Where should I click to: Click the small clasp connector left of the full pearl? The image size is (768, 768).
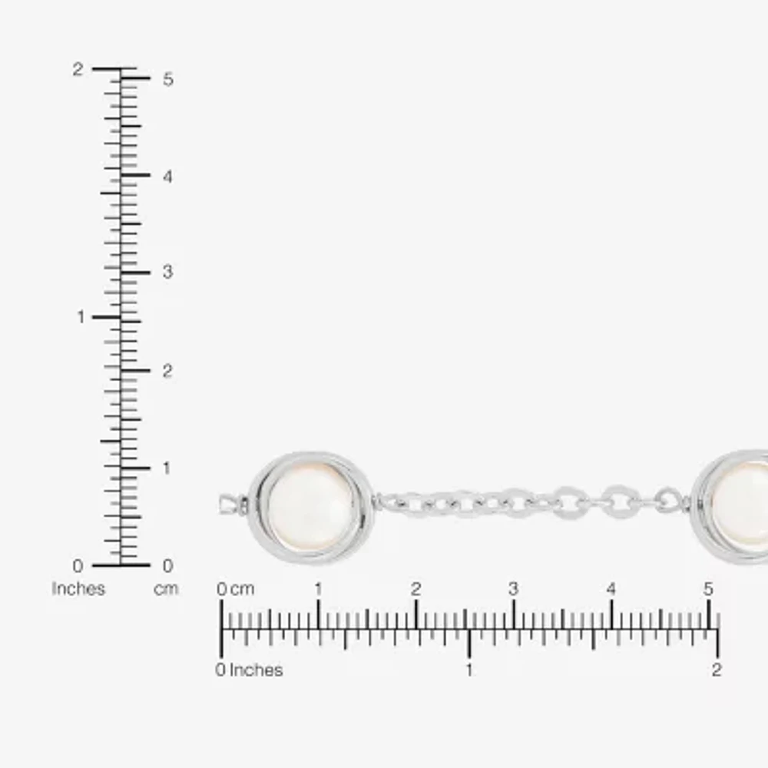[231, 505]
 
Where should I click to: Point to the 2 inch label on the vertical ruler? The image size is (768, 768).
[78, 69]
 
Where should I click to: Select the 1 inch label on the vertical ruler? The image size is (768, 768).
[81, 317]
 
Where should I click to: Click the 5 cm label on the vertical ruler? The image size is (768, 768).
[167, 79]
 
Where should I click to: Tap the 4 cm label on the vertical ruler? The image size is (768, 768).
[167, 176]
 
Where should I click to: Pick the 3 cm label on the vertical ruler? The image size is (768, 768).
[167, 272]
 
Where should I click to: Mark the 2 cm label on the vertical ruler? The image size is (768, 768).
[167, 371]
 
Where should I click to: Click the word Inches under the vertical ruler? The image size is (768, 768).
[78, 589]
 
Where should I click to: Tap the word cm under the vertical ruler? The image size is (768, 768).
[166, 589]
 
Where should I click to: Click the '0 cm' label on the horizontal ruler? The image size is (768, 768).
[235, 590]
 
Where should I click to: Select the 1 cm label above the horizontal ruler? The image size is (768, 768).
[318, 590]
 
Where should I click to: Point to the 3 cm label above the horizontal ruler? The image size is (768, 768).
[513, 590]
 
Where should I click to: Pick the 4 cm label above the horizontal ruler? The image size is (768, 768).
[611, 590]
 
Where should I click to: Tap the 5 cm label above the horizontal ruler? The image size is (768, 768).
[708, 590]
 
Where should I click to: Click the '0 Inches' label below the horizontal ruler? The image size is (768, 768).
[249, 670]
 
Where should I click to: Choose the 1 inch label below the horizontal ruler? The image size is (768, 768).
[468, 670]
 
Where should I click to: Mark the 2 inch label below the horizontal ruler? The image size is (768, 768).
[716, 670]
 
